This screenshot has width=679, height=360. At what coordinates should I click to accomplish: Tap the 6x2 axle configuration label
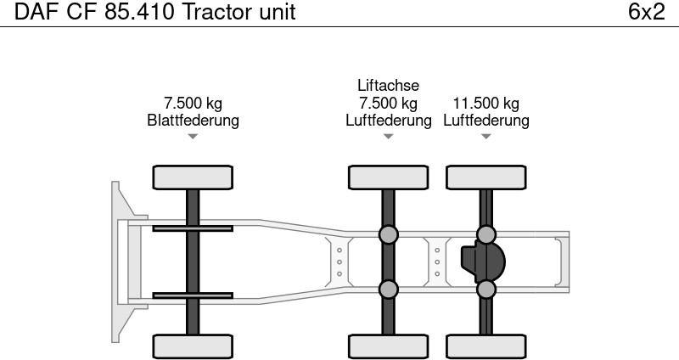(646, 13)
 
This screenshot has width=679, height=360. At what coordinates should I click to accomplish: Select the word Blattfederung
(193, 121)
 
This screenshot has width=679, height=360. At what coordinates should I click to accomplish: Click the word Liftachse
(388, 86)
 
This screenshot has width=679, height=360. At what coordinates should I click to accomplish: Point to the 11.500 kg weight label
(486, 104)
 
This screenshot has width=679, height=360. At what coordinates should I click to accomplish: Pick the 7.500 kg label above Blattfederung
(193, 104)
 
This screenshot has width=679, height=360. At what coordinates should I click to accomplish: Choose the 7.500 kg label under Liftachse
(388, 104)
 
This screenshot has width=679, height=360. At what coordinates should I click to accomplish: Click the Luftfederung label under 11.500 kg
(486, 121)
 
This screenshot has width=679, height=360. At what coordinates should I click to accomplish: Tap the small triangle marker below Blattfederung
(193, 137)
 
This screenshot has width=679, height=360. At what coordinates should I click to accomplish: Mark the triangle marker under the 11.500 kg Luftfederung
(486, 137)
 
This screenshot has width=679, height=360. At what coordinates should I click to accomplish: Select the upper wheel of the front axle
(193, 177)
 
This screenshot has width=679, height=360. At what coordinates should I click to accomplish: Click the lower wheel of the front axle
(193, 346)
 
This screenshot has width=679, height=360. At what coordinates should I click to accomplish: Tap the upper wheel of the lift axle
(388, 177)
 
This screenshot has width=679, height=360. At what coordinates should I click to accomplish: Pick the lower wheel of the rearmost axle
(486, 346)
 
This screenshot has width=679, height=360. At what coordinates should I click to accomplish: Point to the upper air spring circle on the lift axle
(388, 235)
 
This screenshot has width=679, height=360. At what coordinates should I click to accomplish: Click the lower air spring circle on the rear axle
(486, 290)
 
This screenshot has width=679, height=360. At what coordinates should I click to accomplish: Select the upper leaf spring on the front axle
(193, 228)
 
